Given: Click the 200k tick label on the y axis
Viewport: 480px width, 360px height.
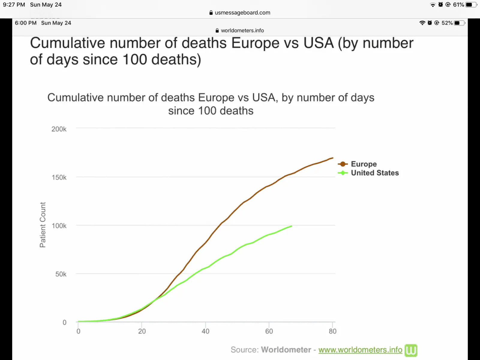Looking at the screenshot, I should [x=59, y=129].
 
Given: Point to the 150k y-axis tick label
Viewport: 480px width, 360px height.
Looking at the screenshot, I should [x=59, y=177].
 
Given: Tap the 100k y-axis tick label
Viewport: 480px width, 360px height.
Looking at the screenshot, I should [x=59, y=226].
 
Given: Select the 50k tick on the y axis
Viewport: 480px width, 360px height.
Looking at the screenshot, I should [x=61, y=274].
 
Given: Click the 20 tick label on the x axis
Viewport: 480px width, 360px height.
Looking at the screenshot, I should [x=142, y=331].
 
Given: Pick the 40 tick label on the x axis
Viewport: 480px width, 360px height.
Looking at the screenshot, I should [x=205, y=331].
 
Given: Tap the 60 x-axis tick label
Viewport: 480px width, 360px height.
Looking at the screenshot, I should [x=269, y=331].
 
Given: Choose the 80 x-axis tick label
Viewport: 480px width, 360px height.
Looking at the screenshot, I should [x=333, y=331].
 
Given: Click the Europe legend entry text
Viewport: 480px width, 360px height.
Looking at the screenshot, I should [x=364, y=164].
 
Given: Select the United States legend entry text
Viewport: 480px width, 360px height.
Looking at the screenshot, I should [x=375, y=173].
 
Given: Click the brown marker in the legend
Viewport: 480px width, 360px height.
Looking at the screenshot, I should [x=343, y=164].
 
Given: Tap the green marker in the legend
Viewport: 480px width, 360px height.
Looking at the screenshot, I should [x=343, y=173].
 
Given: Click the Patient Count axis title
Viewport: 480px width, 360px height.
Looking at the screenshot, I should [x=43, y=225].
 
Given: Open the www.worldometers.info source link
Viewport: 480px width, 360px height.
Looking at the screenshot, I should [x=360, y=350].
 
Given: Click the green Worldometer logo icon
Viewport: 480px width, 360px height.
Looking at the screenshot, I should [x=411, y=350].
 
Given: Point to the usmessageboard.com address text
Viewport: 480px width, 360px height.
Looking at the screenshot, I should [x=242, y=13].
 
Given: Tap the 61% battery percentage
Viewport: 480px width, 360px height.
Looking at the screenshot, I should [x=458, y=5].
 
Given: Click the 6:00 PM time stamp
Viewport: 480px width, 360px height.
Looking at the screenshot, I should [x=26, y=23].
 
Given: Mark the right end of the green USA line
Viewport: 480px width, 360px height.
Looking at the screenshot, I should [x=291, y=226].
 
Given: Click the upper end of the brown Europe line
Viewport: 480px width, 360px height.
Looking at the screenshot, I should [x=332, y=158].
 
